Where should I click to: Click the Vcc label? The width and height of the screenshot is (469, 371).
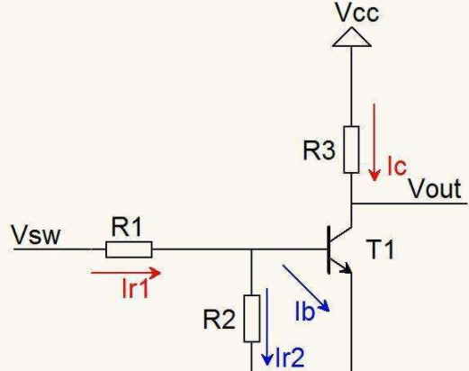pyautogui.click(x=357, y=13)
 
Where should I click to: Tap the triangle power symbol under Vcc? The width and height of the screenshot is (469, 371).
pyautogui.click(x=352, y=37)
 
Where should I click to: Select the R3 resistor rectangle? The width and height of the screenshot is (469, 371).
pyautogui.click(x=351, y=149)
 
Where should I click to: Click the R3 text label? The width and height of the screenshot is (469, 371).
pyautogui.click(x=319, y=150)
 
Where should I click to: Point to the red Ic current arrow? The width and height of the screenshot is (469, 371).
pyautogui.click(x=374, y=142)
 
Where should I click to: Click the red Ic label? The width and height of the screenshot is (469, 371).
pyautogui.click(x=397, y=166)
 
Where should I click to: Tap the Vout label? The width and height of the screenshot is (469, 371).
pyautogui.click(x=435, y=188)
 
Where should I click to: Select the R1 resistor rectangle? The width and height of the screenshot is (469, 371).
pyautogui.click(x=129, y=249)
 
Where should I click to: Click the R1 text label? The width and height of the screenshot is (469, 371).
pyautogui.click(x=126, y=227)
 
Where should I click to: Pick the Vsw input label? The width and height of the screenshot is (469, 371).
pyautogui.click(x=36, y=234)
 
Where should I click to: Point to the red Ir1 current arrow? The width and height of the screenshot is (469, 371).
pyautogui.click(x=126, y=273)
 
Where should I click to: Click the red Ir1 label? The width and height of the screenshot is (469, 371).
pyautogui.click(x=136, y=288)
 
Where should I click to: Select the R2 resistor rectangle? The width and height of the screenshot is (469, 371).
pyautogui.click(x=252, y=319)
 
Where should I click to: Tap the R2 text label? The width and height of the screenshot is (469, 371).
pyautogui.click(x=219, y=320)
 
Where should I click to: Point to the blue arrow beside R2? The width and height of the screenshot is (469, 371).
pyautogui.click(x=266, y=327)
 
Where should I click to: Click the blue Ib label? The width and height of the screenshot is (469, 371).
pyautogui.click(x=305, y=312)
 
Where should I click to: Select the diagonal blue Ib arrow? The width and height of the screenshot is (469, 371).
pyautogui.click(x=306, y=288)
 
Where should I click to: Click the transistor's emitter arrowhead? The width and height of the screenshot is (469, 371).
pyautogui.click(x=346, y=268)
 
